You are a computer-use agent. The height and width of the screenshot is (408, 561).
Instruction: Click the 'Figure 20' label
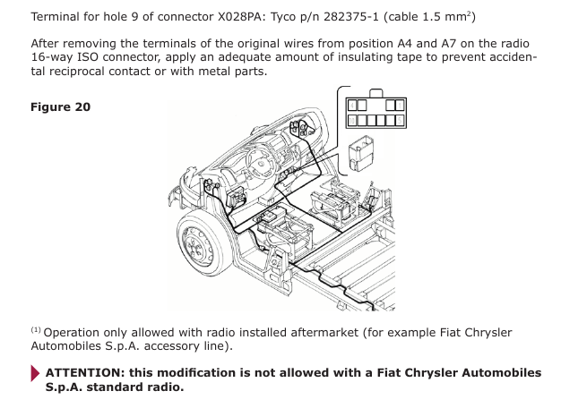point(60,107)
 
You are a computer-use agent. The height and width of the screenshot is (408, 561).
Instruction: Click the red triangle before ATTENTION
point(36,373)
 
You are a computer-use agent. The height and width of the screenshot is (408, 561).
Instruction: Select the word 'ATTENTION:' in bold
point(86,372)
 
